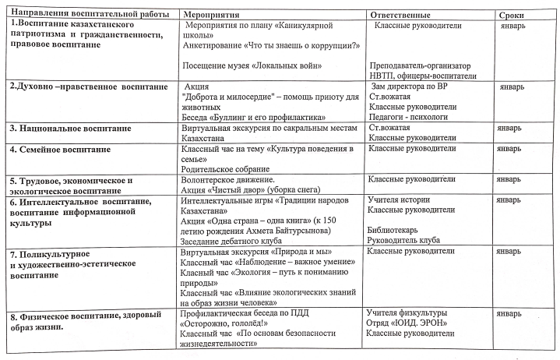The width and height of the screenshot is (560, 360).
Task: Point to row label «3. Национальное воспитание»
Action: coord(69,128)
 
